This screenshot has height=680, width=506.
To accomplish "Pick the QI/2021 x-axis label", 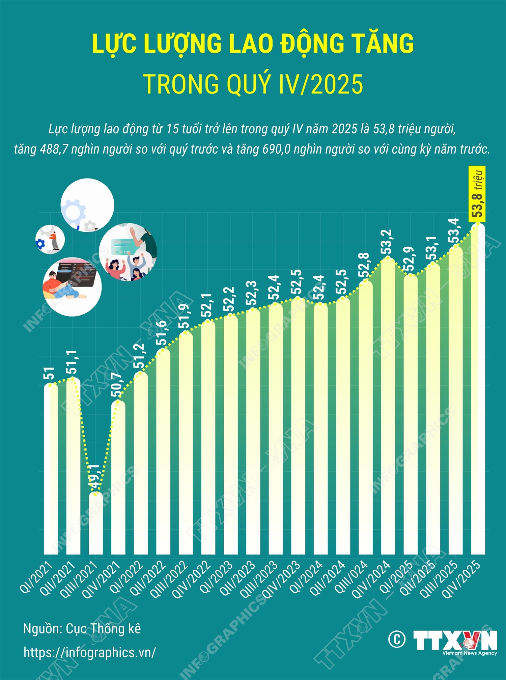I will point(36,577).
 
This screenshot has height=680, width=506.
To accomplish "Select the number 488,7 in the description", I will point(51,149).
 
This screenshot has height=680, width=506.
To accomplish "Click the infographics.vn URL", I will point(90,652).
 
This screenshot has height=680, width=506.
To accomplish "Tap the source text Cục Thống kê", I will point(103,629).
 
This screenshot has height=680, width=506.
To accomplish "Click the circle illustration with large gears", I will point(87,205).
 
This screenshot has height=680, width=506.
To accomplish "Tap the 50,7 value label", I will point(117,385).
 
